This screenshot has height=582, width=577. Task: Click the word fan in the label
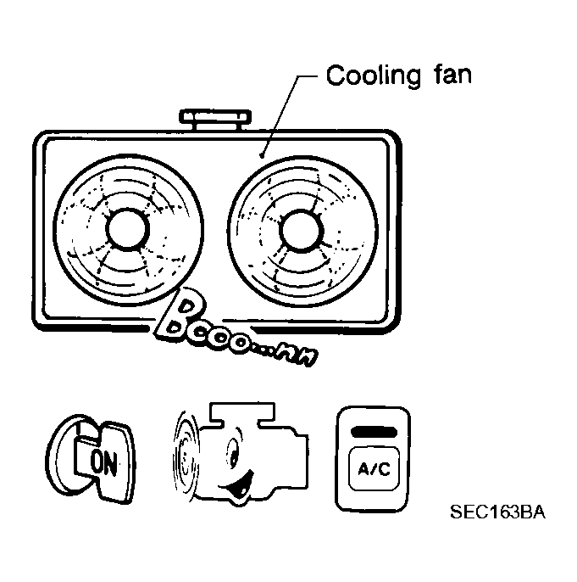pyautogui.click(x=448, y=76)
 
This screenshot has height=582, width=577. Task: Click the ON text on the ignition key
pyautogui.click(x=103, y=462)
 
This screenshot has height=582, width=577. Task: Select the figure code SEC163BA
pyautogui.click(x=497, y=512)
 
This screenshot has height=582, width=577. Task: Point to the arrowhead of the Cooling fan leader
pyautogui.click(x=263, y=156)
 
